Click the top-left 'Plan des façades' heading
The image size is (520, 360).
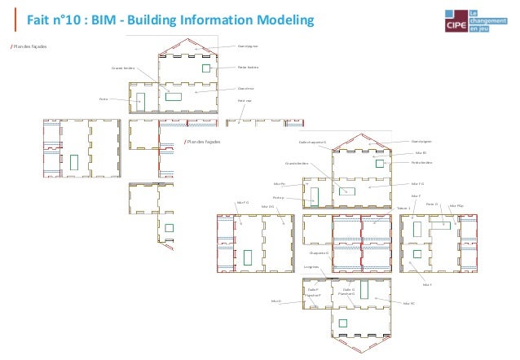29,46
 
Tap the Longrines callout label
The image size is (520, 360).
311,266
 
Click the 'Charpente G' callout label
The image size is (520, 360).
319,253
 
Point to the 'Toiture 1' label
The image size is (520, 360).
403,209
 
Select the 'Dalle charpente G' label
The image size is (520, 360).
312,142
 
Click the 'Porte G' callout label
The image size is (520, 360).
432,204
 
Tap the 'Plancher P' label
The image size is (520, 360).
313,295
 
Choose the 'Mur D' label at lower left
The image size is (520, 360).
275,301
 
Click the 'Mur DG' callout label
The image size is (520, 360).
267,207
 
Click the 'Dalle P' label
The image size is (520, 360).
312,289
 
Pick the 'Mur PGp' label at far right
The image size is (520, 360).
456,205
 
